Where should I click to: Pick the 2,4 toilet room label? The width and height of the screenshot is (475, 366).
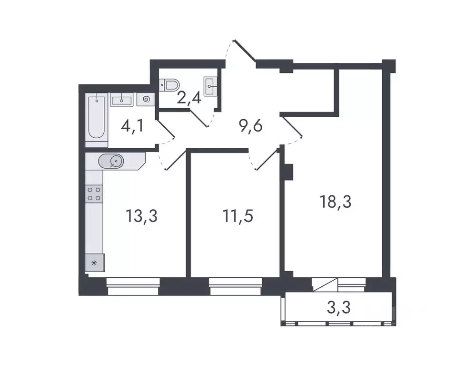tap(189, 100)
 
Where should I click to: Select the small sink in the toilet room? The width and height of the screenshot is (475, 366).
tap(210, 87)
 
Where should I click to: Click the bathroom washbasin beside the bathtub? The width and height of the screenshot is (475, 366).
tap(122, 100)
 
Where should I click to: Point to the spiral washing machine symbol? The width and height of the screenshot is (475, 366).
tap(145, 100)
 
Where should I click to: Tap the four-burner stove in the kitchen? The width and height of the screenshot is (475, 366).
tap(94, 193)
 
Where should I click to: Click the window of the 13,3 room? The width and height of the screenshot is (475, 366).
tap(133, 287)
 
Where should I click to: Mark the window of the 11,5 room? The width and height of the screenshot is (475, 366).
tap(236, 287)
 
